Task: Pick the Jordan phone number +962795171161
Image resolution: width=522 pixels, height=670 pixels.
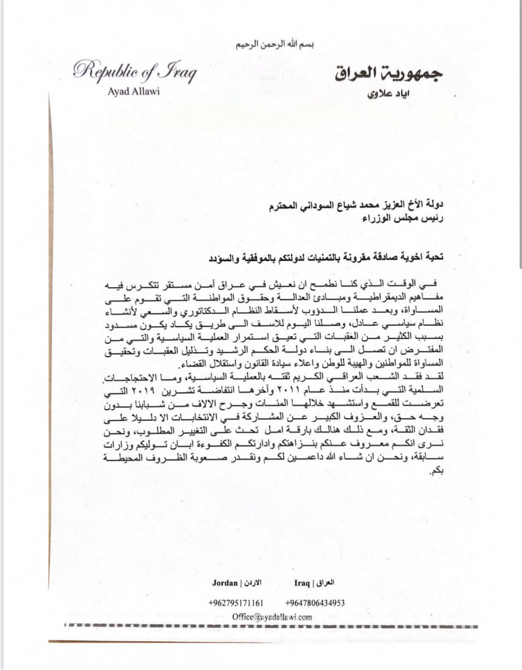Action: (235, 602)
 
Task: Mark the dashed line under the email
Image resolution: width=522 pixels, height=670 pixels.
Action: (275, 627)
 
